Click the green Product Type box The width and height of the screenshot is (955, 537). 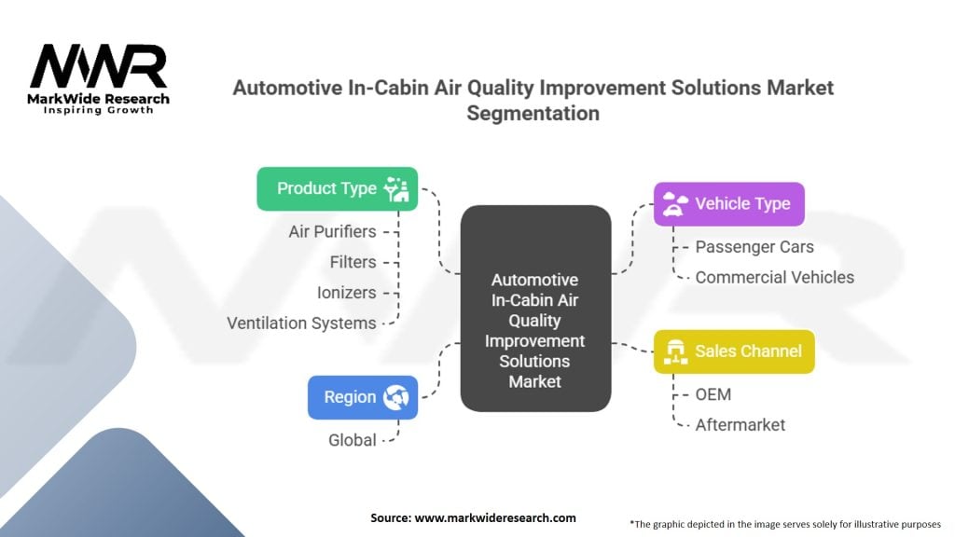338,188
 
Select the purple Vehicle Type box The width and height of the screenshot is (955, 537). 729,204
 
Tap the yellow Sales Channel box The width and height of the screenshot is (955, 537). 734,351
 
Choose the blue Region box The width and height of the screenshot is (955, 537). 363,397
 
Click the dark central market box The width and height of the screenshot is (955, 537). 535,308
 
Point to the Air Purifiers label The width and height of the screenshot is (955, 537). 332,232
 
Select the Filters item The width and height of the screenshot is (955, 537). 353,262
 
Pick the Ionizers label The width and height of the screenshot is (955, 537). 346,293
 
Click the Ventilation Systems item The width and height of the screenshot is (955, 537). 301,324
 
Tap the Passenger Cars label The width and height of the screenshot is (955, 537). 754,247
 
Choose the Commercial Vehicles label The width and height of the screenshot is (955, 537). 775,278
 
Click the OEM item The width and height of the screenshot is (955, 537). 713,394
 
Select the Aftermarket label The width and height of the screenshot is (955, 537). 740,425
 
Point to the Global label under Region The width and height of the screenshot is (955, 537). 352,440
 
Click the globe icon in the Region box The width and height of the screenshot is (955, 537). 395,397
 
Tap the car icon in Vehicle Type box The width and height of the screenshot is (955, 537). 674,204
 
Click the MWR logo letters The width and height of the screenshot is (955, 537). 98,66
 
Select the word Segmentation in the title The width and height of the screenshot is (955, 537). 533,113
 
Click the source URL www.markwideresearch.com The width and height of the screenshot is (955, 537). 495,518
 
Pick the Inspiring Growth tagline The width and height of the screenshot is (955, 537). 98,110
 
